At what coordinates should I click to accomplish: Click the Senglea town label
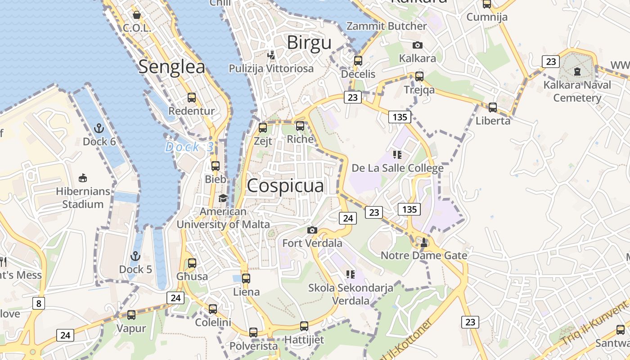pyautogui.click(x=171, y=67)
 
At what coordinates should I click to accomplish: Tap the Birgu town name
pyautogui.click(x=309, y=43)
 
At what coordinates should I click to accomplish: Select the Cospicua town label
pyautogui.click(x=285, y=185)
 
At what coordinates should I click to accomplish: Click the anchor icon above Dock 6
pyautogui.click(x=99, y=129)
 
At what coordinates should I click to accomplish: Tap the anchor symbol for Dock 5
pyautogui.click(x=135, y=256)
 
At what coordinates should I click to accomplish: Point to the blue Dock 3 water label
pyautogui.click(x=189, y=147)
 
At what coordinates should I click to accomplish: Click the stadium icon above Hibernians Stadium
pyautogui.click(x=82, y=178)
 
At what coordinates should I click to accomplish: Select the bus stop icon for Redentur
pyautogui.click(x=192, y=98)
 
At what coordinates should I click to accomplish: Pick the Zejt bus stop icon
pyautogui.click(x=263, y=128)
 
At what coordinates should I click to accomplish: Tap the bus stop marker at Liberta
pyautogui.click(x=493, y=108)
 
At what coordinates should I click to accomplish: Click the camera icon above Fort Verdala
pyautogui.click(x=312, y=230)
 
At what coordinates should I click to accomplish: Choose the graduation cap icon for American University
pyautogui.click(x=223, y=198)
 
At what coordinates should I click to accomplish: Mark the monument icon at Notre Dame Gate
pyautogui.click(x=424, y=242)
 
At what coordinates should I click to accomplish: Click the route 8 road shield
pyautogui.click(x=39, y=303)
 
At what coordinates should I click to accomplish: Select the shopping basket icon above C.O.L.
pyautogui.click(x=137, y=15)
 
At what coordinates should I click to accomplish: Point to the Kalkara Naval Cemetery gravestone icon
pyautogui.click(x=577, y=71)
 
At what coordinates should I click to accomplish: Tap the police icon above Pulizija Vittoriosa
pyautogui.click(x=271, y=55)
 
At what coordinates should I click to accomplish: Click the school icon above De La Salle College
pyautogui.click(x=397, y=155)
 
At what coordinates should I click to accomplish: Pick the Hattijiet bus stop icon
pyautogui.click(x=304, y=326)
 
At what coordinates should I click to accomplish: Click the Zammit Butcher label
pyautogui.click(x=387, y=26)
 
